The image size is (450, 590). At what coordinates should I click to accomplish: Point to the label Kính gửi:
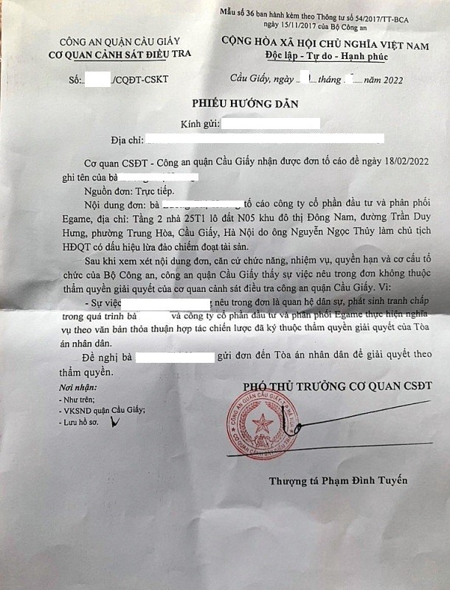pos(198,122)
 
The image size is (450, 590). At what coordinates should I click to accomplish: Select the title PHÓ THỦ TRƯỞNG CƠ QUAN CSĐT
pos(337,386)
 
